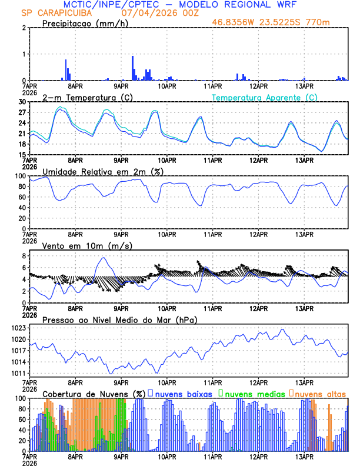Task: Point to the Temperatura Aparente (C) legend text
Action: (264, 97)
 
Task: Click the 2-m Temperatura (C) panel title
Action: (87, 97)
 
